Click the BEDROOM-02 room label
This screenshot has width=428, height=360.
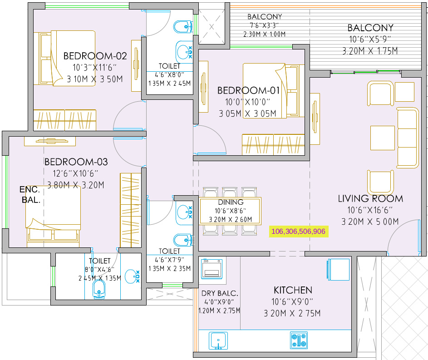[x=95, y=56]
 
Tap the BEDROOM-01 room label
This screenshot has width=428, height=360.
[x=248, y=91]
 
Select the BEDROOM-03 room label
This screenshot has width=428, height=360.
[x=76, y=162]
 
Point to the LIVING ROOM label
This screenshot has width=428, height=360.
[x=370, y=198]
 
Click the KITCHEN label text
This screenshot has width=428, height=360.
[x=293, y=290]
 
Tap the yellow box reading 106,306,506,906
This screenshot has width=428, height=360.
[x=299, y=232]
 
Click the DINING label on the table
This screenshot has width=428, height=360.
[x=231, y=202]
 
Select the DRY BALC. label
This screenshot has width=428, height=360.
[x=220, y=293]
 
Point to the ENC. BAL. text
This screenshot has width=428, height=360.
[x=30, y=195]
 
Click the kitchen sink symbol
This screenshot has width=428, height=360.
[x=218, y=340]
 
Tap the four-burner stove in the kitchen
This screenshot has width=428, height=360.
[x=299, y=340]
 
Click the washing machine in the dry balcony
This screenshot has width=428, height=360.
[x=212, y=269]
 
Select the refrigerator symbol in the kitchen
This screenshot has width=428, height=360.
[x=338, y=269]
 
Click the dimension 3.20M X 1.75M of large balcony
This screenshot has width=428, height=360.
[x=370, y=51]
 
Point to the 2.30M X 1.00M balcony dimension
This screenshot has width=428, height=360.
[x=264, y=34]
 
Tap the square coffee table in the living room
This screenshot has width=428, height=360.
[x=383, y=138]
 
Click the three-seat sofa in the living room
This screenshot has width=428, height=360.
[x=408, y=138]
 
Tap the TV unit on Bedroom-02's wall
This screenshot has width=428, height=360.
[x=136, y=66]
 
